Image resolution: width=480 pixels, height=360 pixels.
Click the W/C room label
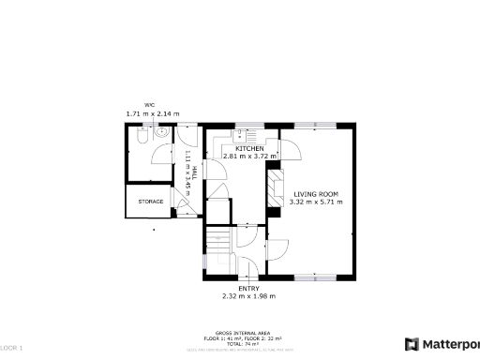point(149,104)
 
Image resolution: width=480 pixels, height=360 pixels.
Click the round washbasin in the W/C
point(161,134)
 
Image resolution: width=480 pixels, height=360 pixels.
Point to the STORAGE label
point(151,202)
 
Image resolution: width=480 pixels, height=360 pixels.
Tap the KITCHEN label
point(249,149)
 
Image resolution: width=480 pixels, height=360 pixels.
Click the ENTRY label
point(249,288)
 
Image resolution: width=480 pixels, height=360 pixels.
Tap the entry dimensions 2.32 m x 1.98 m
point(249,296)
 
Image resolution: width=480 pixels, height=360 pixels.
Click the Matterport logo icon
point(411,343)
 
